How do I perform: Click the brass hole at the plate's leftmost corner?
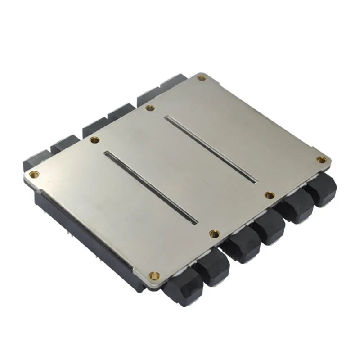[x=31, y=174]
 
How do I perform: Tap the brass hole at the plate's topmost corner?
[x=201, y=78]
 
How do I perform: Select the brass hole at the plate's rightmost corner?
[x=321, y=159]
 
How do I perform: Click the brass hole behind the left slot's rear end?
[x=94, y=140]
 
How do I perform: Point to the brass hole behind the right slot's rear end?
[x=150, y=108]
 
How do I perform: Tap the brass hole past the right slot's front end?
[x=270, y=195]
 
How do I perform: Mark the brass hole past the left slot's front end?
[x=214, y=233]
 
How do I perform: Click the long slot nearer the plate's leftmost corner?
[x=152, y=188]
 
